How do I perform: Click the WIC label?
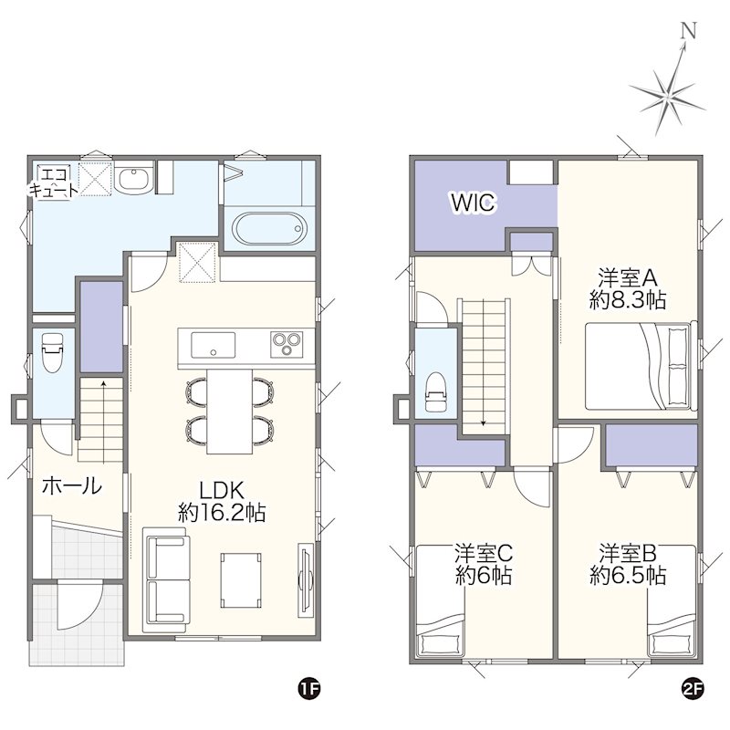473,203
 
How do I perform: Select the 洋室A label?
628,278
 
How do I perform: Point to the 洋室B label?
628,553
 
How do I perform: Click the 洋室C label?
484,553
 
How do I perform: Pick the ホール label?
72,485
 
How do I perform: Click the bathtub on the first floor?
269,229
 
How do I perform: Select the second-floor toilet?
437,392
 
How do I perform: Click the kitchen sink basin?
214,345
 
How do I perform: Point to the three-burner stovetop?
287,345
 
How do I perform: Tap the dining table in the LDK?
230,411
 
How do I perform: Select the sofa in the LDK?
166,579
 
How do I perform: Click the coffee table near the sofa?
241,579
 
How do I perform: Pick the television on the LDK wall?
306,580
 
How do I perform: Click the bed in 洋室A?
641,366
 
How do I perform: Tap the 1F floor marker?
309,689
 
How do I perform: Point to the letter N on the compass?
688,31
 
